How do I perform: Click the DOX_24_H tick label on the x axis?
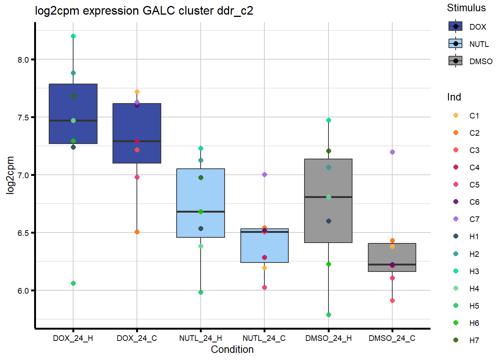[73, 338]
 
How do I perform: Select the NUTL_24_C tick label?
[264, 338]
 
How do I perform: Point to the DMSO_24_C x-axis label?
[392, 338]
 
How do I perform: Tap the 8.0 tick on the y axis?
[23, 60]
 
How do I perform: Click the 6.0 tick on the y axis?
[23, 291]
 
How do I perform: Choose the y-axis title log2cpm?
[10, 175]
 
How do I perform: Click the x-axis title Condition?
[232, 349]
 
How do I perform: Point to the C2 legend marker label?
[474, 133]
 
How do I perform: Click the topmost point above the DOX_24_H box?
[73, 36]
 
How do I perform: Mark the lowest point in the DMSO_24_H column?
[328, 315]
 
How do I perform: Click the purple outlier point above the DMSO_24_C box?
[392, 152]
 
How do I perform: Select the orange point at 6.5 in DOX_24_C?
[137, 232]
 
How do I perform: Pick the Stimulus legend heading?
[466, 8]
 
